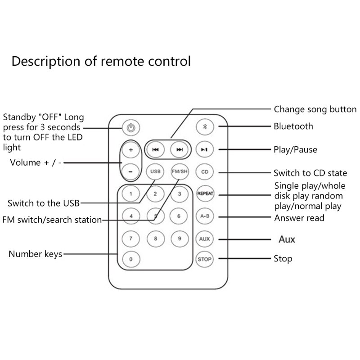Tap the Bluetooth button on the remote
pos(204,126)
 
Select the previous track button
pos(155,149)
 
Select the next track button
pos(179,149)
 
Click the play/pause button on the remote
pos(204,149)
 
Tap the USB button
pos(155,172)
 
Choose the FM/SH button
pos(179,172)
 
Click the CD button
pos(204,172)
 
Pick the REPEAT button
pos(204,194)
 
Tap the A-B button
pos(204,216)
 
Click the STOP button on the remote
pos(204,259)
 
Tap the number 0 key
pos(131,259)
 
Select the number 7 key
pos(131,238)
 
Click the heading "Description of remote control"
pos(101,61)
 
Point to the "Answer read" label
pos(299,218)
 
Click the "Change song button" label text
pos(315,109)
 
